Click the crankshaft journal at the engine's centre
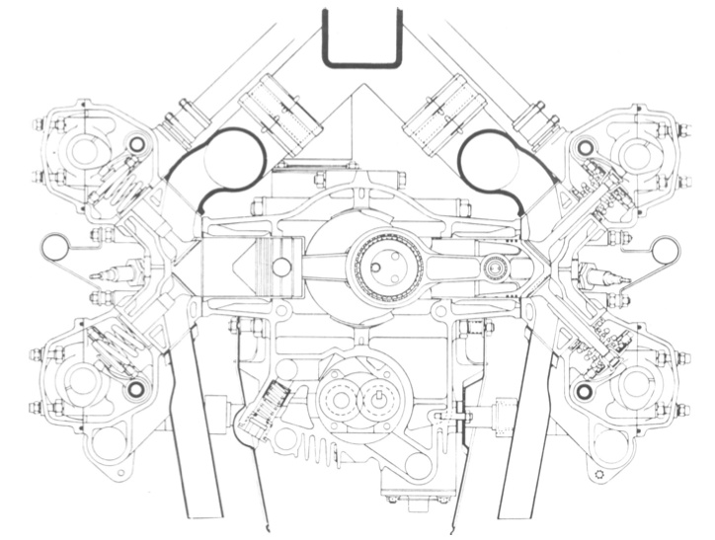(x=385, y=266)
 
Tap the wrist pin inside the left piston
(x=281, y=267)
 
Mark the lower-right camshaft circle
(x=631, y=385)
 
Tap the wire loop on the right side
(x=661, y=251)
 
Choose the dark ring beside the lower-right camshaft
(x=584, y=394)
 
